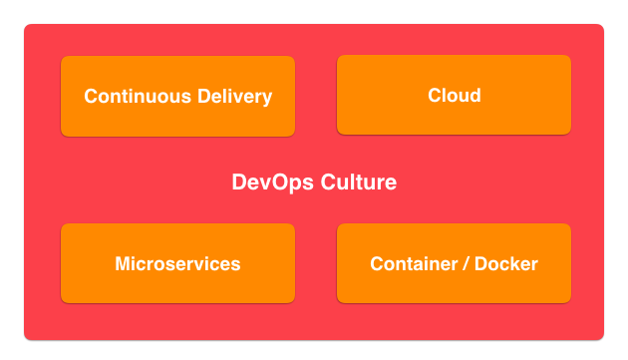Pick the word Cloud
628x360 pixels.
[x=454, y=96]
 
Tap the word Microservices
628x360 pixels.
[x=177, y=264]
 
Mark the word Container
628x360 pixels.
[x=411, y=264]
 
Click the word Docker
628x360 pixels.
[x=505, y=264]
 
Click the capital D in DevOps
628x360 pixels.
[x=239, y=182]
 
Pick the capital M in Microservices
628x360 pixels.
[x=123, y=264]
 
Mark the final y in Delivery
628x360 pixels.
[x=267, y=99]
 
